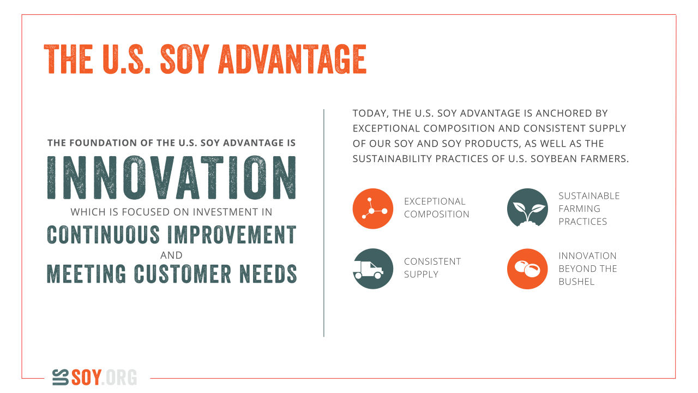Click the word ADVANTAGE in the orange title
pos(292,59)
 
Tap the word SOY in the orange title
pos(184,59)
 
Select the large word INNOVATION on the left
pos(171,177)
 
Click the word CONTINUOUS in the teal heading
pos(103,235)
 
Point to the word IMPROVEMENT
pos(232,235)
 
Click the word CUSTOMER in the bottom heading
pos(183,274)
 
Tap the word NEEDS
pos(268,274)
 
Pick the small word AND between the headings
pos(171,255)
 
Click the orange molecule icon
pos(372,209)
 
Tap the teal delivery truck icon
pos(372,269)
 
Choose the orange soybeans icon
pos(527,269)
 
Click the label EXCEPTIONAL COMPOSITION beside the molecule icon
pos(436,208)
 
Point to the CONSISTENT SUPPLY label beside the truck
pos(432,267)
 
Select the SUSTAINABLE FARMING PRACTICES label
pos(589,209)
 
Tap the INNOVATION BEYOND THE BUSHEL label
pos(588,269)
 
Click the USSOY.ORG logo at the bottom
pos(94,377)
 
